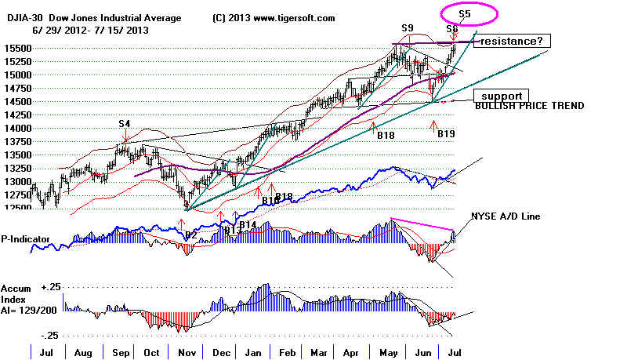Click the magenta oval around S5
tap(469, 13)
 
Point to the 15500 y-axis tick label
tap(15, 48)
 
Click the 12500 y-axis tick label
tap(15, 208)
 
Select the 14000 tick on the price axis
tap(15, 128)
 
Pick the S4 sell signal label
tap(125, 123)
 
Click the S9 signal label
tap(408, 28)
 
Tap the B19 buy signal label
tap(446, 134)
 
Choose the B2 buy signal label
tap(190, 234)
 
